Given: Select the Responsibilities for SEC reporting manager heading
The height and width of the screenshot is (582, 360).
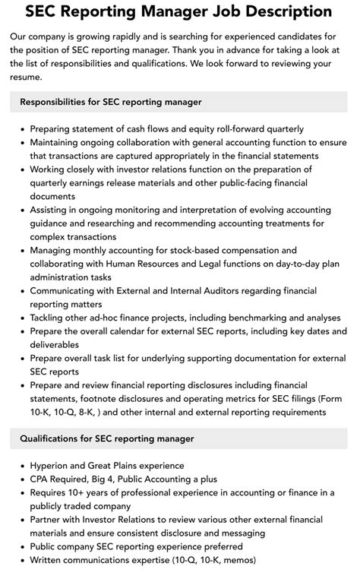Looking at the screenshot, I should (x=111, y=102).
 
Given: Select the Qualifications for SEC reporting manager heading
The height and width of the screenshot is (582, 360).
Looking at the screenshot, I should (x=107, y=438).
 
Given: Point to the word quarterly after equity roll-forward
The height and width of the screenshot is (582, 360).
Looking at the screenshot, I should (x=278, y=128).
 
